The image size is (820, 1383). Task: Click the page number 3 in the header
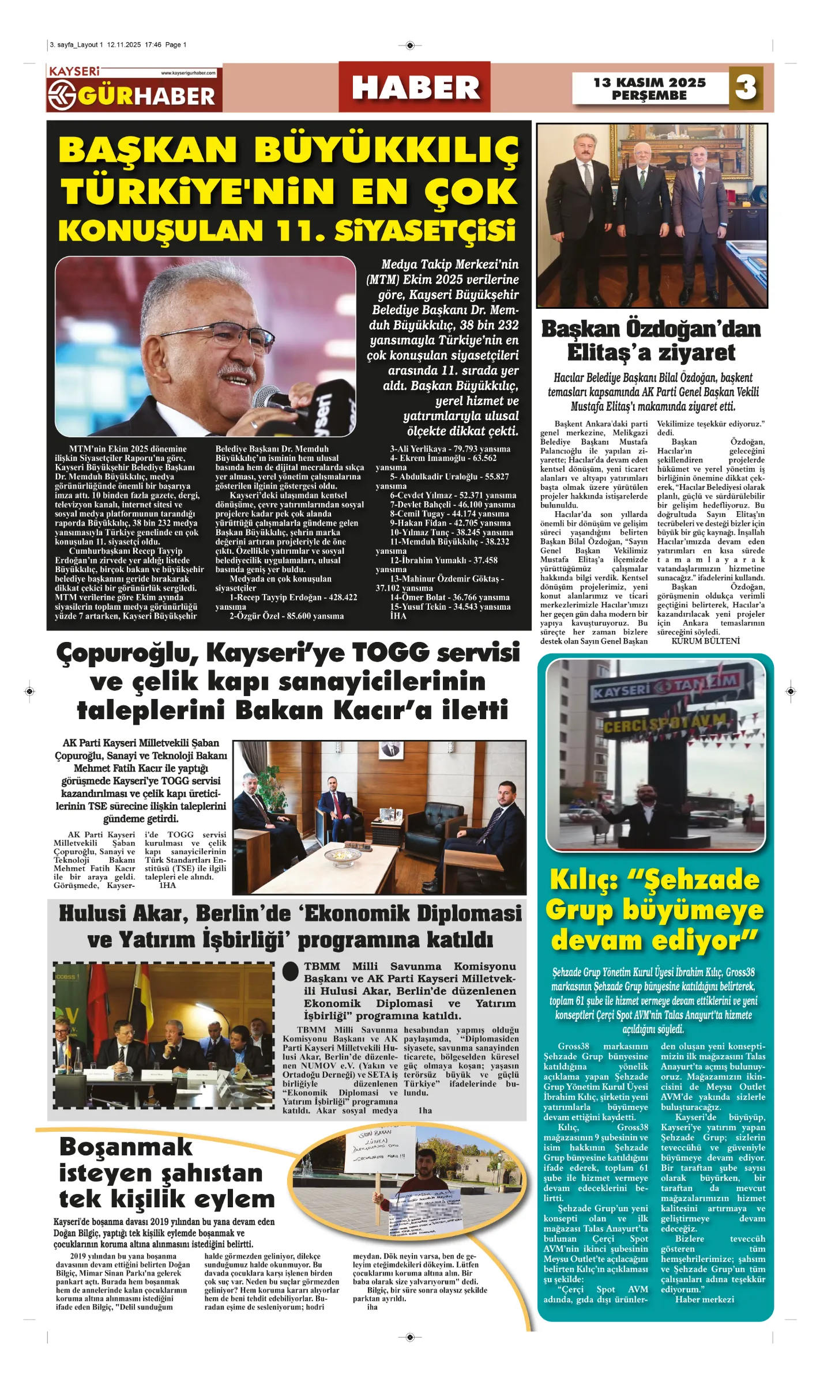click(x=746, y=88)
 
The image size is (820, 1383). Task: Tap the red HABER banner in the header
click(x=415, y=88)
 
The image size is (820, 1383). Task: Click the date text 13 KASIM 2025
click(x=649, y=82)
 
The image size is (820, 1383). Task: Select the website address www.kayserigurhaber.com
click(x=189, y=73)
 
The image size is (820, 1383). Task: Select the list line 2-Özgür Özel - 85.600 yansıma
click(x=287, y=616)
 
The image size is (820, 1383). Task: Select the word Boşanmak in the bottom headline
click(x=126, y=1147)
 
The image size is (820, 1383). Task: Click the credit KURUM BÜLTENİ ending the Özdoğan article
click(x=705, y=641)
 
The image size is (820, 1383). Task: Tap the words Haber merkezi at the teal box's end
click(x=705, y=1299)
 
